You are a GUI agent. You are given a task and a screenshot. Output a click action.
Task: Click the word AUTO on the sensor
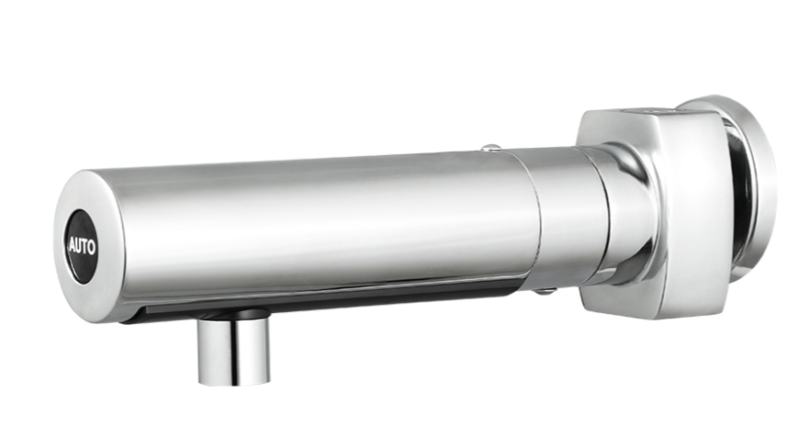tap(83, 247)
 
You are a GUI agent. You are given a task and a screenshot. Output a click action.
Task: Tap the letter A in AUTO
tap(73, 246)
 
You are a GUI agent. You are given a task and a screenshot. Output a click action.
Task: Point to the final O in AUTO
tap(92, 248)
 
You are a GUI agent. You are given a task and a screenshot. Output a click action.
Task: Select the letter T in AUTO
tap(85, 247)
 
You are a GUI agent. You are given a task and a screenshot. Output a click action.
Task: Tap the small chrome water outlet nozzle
tap(233, 352)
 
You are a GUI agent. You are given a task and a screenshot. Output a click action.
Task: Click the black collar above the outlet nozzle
tap(235, 313)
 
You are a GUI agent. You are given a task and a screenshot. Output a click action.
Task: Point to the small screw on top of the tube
tap(490, 149)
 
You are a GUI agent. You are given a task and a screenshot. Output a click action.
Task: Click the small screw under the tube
tap(543, 292)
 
